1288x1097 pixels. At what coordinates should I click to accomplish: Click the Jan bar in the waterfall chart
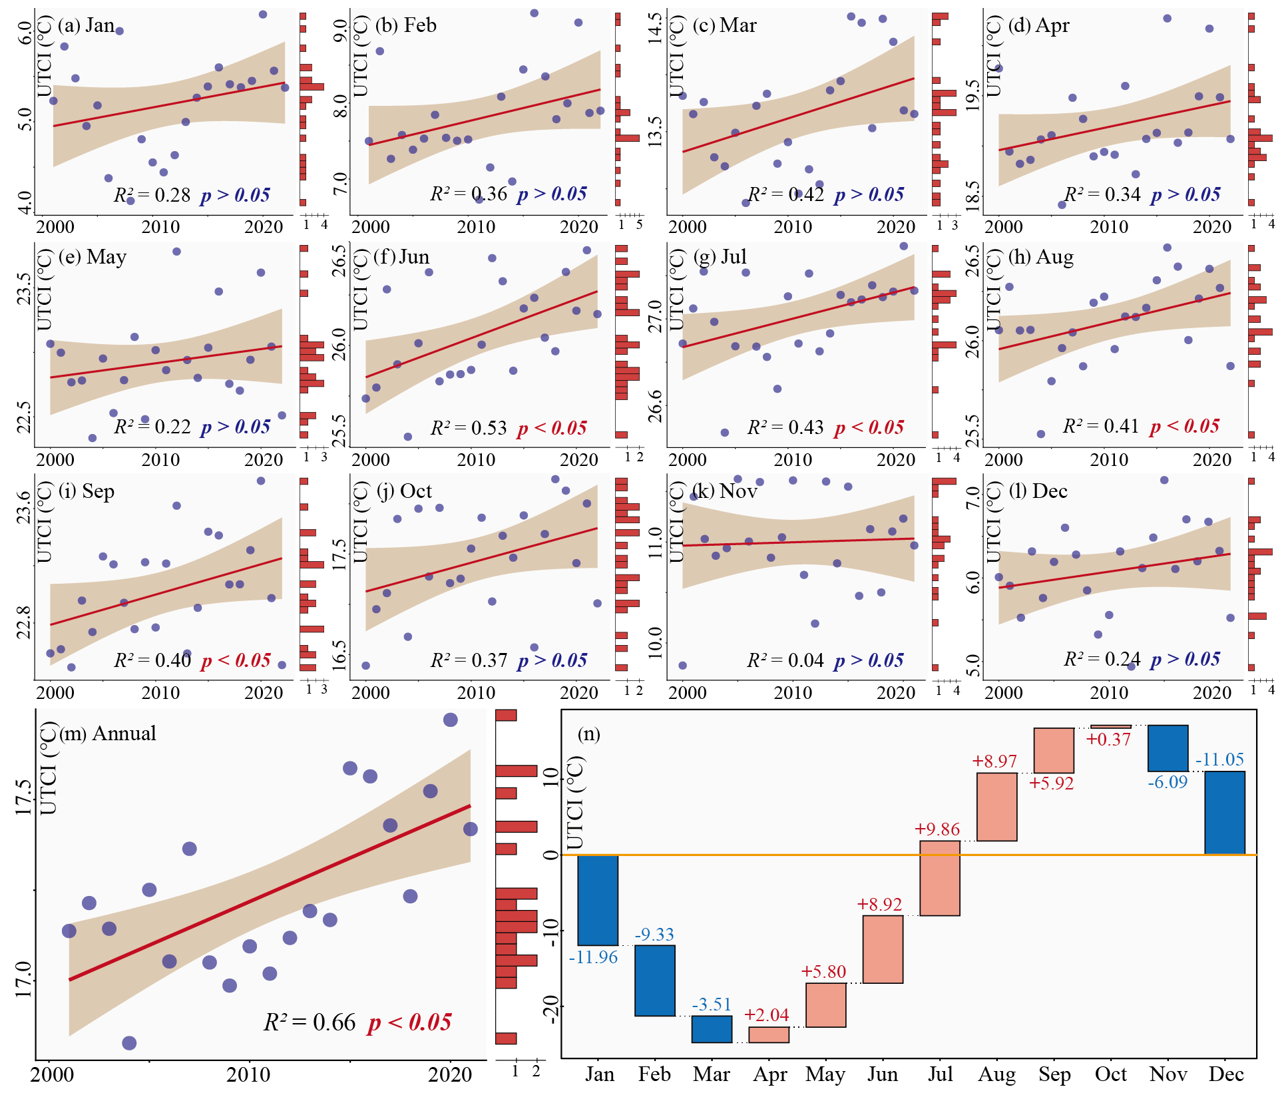coord(598,900)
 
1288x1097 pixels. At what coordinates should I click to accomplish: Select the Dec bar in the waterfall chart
coord(1225,813)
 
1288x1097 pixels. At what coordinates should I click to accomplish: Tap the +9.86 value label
coord(937,829)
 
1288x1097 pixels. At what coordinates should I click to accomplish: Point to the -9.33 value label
coord(654,935)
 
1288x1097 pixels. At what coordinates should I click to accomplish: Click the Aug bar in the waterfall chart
coord(996,807)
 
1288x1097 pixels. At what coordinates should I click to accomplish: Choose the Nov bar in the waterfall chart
coord(1168,748)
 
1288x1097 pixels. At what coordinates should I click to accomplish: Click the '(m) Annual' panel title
coord(108,734)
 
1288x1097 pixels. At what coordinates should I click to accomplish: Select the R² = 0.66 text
coord(310,1022)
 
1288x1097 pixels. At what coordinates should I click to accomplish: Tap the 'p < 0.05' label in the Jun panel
coord(552,428)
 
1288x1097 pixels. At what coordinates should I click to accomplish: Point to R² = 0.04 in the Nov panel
coord(785,660)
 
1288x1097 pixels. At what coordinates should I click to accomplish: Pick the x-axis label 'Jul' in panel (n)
coord(940,1074)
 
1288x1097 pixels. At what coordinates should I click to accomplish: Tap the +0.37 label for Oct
coord(1108,740)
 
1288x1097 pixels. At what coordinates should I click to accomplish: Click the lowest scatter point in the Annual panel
coord(129,1043)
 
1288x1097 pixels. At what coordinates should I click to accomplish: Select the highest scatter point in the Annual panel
coord(450,720)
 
